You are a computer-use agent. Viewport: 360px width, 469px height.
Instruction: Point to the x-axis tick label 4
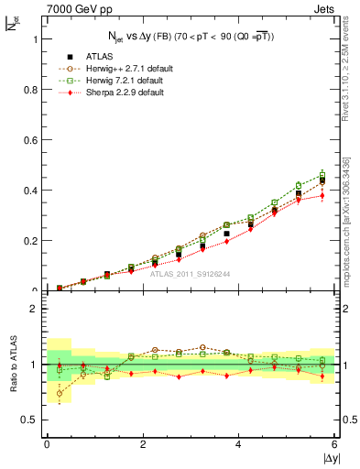tap(239, 444)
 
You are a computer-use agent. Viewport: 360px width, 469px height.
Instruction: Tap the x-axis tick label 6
tap(334, 444)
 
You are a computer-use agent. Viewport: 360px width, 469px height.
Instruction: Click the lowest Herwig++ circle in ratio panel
tap(60, 394)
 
